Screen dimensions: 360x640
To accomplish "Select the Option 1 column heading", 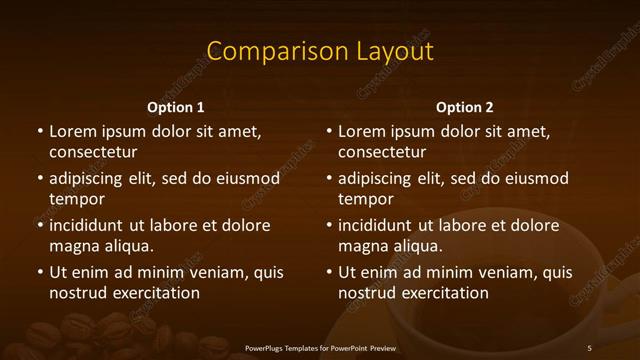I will [x=176, y=107].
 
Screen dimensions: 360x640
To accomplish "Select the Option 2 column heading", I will [x=465, y=107].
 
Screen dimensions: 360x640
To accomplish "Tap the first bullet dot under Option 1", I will [x=40, y=131].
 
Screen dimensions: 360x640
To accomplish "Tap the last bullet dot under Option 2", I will [x=329, y=272].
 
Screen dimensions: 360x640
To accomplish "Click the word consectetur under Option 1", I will [x=93, y=152].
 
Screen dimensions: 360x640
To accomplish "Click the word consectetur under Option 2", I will [x=382, y=152].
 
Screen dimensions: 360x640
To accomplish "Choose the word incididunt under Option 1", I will [x=85, y=225].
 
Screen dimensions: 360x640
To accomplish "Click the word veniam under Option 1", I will [x=206, y=272].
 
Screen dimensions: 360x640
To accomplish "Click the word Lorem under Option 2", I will [x=362, y=131].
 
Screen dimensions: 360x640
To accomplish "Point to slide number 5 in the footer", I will [x=589, y=347].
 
